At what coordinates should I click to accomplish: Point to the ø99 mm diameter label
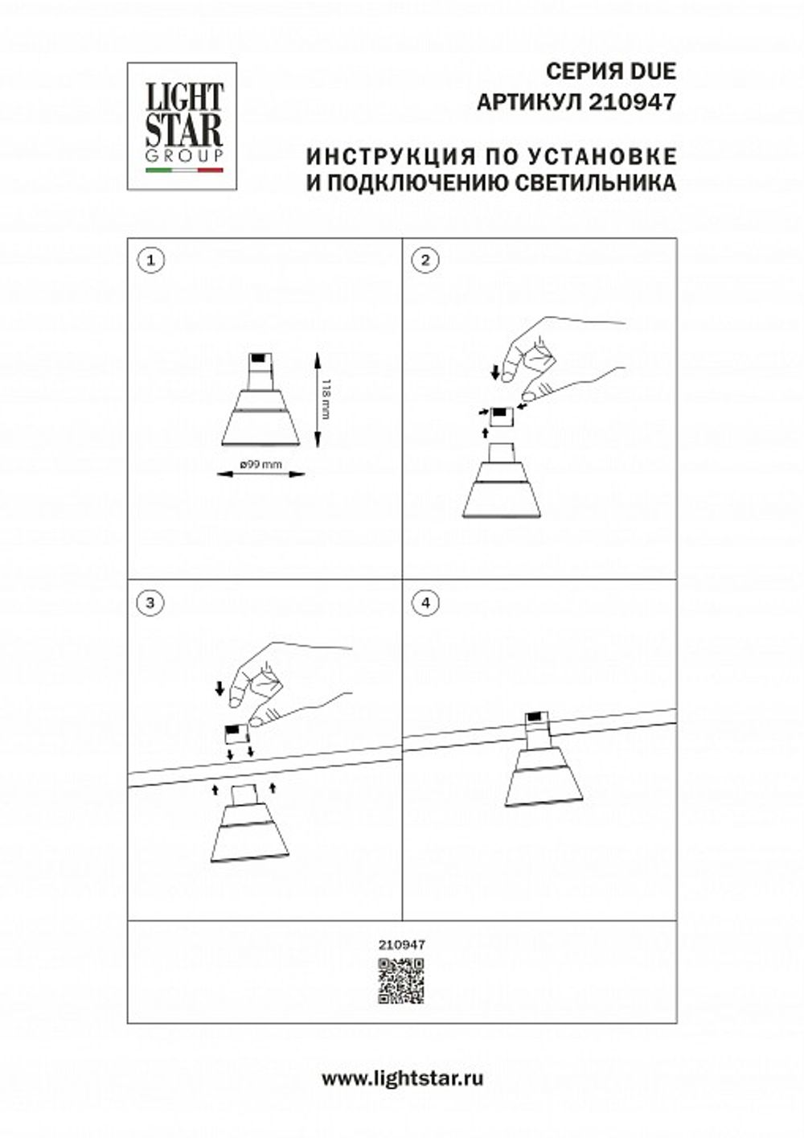click(260, 465)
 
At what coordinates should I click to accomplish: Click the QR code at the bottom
click(400, 981)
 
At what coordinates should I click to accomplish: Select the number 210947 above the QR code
click(401, 946)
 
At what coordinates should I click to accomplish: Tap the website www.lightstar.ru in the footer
click(402, 1078)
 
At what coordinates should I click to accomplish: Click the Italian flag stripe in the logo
click(183, 171)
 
